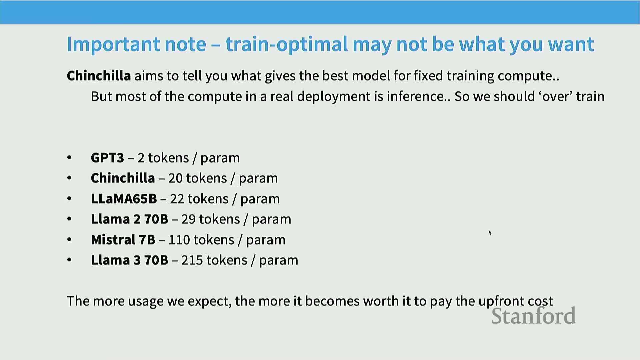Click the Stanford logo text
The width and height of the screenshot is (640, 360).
[x=534, y=316]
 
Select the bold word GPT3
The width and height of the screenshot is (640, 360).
[x=107, y=158]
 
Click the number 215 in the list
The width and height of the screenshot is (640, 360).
[x=192, y=260]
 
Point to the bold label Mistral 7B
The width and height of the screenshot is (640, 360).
[x=123, y=240]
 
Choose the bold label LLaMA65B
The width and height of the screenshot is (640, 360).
[x=124, y=199]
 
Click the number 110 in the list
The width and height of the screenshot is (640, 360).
[x=179, y=240]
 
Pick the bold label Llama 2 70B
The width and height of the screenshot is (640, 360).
[x=129, y=219]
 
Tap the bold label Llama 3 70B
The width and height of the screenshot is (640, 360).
[x=129, y=260]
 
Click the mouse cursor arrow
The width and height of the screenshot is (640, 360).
[x=490, y=233]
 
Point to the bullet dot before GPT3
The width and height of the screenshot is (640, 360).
[x=69, y=157]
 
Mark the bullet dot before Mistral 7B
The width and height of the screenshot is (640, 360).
[x=69, y=239]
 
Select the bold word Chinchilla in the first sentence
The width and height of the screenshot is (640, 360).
[x=99, y=76]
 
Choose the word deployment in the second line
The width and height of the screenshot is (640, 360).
[x=334, y=97]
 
